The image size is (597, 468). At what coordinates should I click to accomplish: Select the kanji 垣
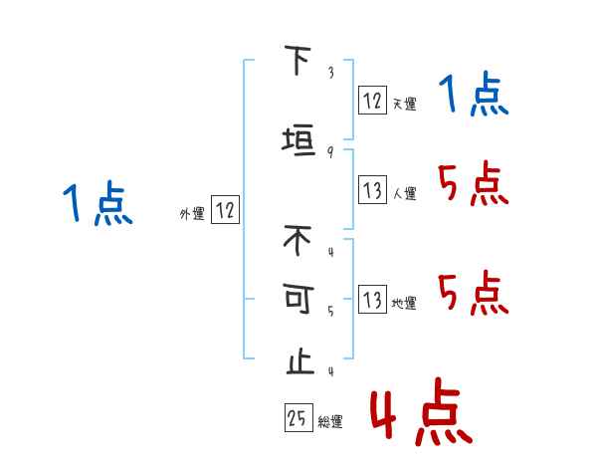pyautogui.click(x=298, y=139)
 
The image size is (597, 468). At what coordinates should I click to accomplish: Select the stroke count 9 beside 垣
pyautogui.click(x=330, y=150)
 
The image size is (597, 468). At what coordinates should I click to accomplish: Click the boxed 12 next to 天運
pyautogui.click(x=372, y=100)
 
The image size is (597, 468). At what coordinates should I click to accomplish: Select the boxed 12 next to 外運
pyautogui.click(x=225, y=210)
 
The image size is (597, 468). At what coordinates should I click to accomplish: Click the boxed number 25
pyautogui.click(x=297, y=418)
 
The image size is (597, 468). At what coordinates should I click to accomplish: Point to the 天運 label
pyautogui.click(x=404, y=104)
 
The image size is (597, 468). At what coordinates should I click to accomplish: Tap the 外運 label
pyautogui.click(x=192, y=213)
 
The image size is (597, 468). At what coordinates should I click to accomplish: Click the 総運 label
pyautogui.click(x=330, y=422)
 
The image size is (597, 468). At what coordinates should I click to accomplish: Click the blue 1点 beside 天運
pyautogui.click(x=474, y=96)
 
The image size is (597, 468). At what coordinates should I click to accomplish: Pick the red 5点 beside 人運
pyautogui.click(x=474, y=184)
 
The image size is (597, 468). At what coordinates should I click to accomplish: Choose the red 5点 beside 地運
pyautogui.click(x=474, y=293)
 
